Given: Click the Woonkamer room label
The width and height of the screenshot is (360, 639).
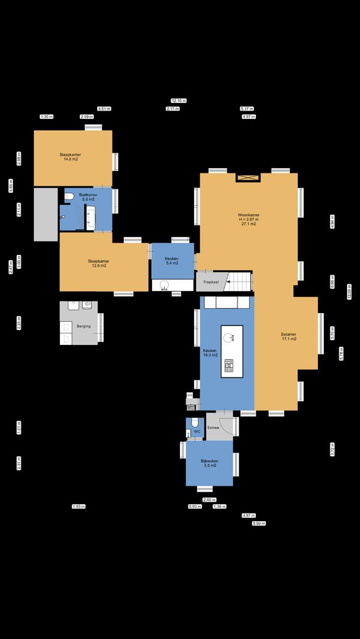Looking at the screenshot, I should pos(248,220).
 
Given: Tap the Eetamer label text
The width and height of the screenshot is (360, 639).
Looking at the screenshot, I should pos(288,337).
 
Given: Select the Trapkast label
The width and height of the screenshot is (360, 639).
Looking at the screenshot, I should pos(211,282).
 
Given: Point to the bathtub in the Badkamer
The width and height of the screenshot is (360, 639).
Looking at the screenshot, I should pos(91,218).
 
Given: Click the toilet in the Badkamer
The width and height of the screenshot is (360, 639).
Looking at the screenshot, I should pos(69,196).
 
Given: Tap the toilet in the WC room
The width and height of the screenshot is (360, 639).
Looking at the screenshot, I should pos(192,424).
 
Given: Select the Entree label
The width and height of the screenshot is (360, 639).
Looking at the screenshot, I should pos(213,427).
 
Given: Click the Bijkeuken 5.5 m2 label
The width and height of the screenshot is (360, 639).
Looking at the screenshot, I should pos(209,463).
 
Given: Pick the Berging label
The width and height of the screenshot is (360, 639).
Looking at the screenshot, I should pos(83,326).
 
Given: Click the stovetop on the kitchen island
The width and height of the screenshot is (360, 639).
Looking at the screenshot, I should pos(229,367).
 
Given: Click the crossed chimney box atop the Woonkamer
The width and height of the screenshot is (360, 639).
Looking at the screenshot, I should pos(248,177).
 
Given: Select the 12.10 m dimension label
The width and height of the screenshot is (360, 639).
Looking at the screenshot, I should pos(179,101).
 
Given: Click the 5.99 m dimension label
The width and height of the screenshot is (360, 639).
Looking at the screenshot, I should pos(259,524).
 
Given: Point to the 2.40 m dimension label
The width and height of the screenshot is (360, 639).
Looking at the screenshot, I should pos(209,500).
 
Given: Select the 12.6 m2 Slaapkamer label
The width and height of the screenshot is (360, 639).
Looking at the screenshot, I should pos(99,263).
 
